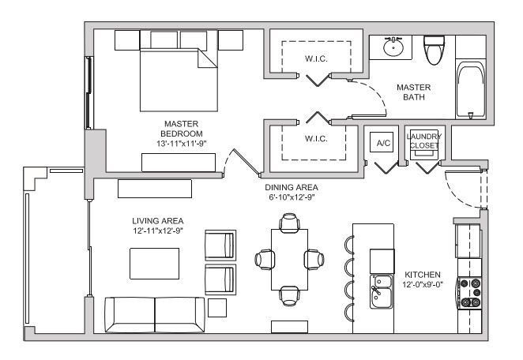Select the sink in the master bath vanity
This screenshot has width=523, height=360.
coord(392,48)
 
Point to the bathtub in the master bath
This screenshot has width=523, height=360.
coord(471,89)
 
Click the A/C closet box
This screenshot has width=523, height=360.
coord(384,143)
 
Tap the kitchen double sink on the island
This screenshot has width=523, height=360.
coord(382,290)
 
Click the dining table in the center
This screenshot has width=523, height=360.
coord(288,258)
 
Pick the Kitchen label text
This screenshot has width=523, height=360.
coord(422,274)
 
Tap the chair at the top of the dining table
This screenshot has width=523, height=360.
coord(288,225)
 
